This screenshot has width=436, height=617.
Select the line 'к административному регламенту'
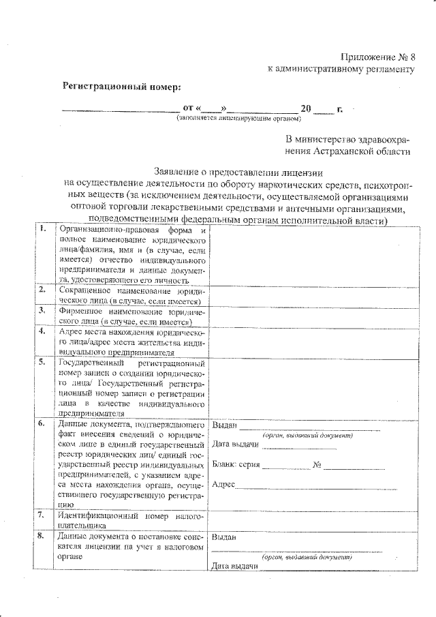[x=341, y=69]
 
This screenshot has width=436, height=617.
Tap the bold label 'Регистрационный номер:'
[x=123, y=87]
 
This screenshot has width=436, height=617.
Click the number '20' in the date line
[x=306, y=108]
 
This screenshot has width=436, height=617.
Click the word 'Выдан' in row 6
[x=224, y=425]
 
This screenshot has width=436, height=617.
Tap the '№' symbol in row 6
[x=317, y=465]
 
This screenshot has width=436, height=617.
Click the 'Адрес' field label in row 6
[x=223, y=485]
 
